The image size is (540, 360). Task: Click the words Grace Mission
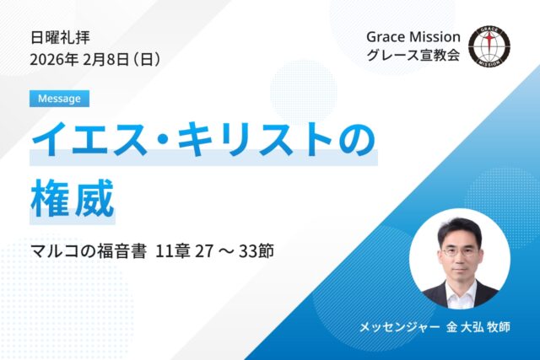point(413,38)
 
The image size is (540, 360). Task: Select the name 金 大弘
point(464,326)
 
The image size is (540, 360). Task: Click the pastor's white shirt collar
point(460,287)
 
